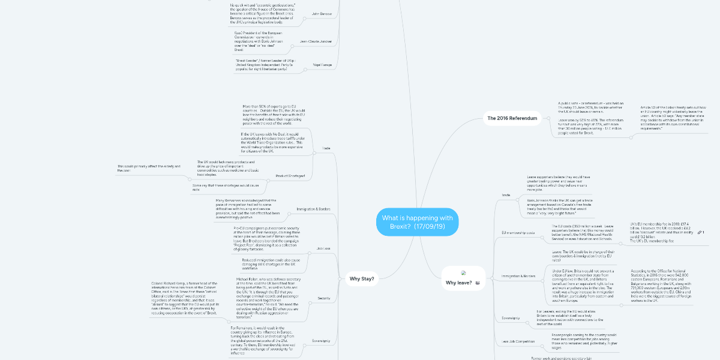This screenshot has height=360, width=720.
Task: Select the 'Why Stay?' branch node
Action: point(362,278)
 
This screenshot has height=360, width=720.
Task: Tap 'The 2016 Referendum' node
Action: point(509,118)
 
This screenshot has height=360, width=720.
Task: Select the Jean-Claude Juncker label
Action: point(314,41)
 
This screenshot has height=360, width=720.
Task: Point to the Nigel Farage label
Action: point(320,64)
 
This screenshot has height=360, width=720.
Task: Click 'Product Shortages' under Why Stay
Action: point(290,175)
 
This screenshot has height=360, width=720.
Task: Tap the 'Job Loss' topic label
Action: point(323,248)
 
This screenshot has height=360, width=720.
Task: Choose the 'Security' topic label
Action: point(323,298)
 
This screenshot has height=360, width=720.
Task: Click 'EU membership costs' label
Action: point(518,232)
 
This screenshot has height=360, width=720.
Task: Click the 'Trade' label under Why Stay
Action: point(326,148)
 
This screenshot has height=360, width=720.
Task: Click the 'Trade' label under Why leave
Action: point(506,195)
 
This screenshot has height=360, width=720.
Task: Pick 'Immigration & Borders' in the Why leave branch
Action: point(518,275)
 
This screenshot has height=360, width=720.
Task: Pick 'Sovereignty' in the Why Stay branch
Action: point(321,341)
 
